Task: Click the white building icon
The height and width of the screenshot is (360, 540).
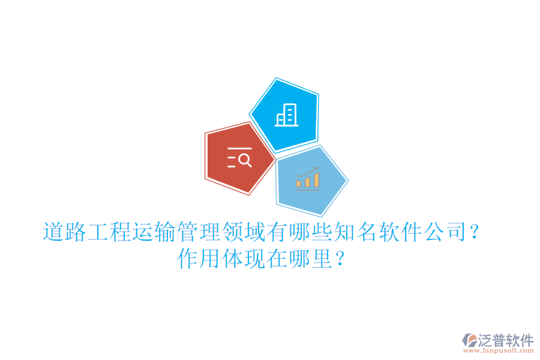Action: point(286,115)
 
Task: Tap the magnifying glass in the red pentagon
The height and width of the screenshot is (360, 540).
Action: point(245,159)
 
